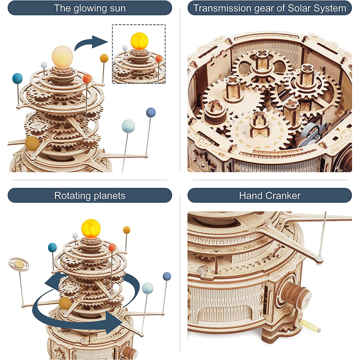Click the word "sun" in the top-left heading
117,8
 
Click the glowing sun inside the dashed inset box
139,41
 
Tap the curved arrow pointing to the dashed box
91,43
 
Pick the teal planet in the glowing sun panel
18,78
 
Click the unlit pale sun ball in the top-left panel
62,57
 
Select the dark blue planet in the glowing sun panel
151,112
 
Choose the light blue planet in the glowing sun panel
128,126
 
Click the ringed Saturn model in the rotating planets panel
19,264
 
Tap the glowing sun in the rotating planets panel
91,229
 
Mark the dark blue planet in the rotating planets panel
167,276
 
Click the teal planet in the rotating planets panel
52,247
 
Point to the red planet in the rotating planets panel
112,247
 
